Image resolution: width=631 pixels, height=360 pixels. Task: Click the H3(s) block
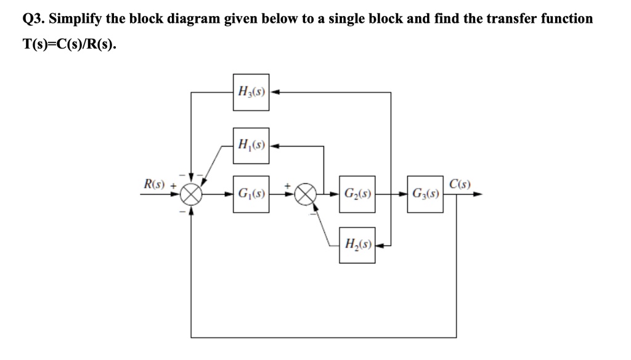[251, 92]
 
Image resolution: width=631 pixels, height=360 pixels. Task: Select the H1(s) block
[251, 146]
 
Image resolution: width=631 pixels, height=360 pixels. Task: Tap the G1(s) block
[251, 194]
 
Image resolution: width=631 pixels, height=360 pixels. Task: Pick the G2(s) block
[357, 194]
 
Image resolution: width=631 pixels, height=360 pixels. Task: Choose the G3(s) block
[425, 194]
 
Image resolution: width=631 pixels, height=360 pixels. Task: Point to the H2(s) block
[357, 245]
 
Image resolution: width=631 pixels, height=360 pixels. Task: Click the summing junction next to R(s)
[192, 194]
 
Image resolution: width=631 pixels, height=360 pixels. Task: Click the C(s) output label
[460, 183]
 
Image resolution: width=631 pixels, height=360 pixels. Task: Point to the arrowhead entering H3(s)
[274, 92]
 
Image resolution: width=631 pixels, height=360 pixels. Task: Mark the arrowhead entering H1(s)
[274, 146]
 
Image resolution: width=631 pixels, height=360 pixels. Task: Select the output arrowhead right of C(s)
[478, 194]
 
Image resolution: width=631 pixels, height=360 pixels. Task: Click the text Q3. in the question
[34, 18]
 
